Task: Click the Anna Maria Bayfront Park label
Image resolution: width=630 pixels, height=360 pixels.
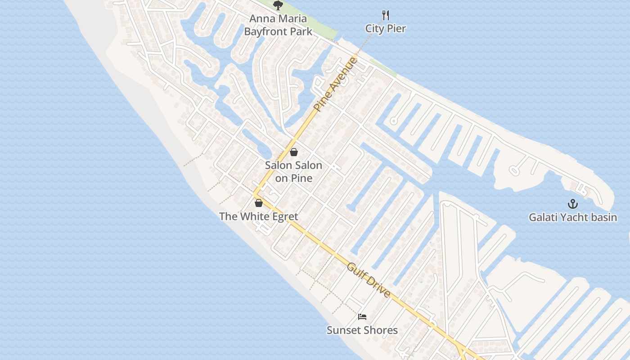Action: pos(278,25)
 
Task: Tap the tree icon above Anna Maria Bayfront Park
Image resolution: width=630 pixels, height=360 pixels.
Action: pos(278,5)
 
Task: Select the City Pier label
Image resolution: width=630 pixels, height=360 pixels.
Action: pos(385,29)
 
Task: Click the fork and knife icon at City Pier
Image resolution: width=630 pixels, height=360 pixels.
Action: pos(385,15)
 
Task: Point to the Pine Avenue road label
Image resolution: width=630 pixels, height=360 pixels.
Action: pos(335,84)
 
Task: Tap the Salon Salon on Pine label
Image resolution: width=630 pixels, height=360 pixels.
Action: pos(293,171)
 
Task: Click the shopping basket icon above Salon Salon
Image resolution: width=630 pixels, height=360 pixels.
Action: pos(294,152)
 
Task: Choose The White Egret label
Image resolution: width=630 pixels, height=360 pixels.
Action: pos(258,216)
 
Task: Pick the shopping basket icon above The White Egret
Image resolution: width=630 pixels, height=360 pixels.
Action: pos(258,203)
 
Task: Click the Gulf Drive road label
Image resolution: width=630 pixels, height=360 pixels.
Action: pos(369,280)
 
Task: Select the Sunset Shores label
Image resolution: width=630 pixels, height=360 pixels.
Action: pos(362,330)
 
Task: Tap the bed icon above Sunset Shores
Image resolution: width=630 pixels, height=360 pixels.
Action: pos(362,317)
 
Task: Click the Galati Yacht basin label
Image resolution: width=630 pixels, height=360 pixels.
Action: pos(572,217)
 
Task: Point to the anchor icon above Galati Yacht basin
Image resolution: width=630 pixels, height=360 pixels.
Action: pos(572,204)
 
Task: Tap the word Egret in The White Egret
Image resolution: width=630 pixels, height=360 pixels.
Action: pos(283,216)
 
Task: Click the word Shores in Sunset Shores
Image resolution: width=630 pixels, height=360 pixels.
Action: pos(382,330)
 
